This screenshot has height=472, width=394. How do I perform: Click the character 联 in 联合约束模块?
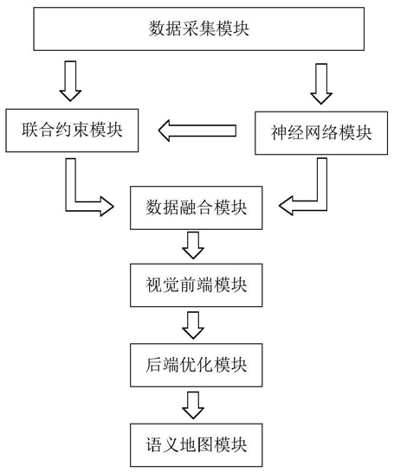(x=30, y=130)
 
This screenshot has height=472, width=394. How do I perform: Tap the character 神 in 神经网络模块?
(x=279, y=133)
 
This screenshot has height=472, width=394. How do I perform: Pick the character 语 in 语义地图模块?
(x=154, y=445)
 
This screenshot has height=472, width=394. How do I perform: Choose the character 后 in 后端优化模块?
(x=154, y=365)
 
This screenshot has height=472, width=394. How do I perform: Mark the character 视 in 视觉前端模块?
(x=154, y=285)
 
